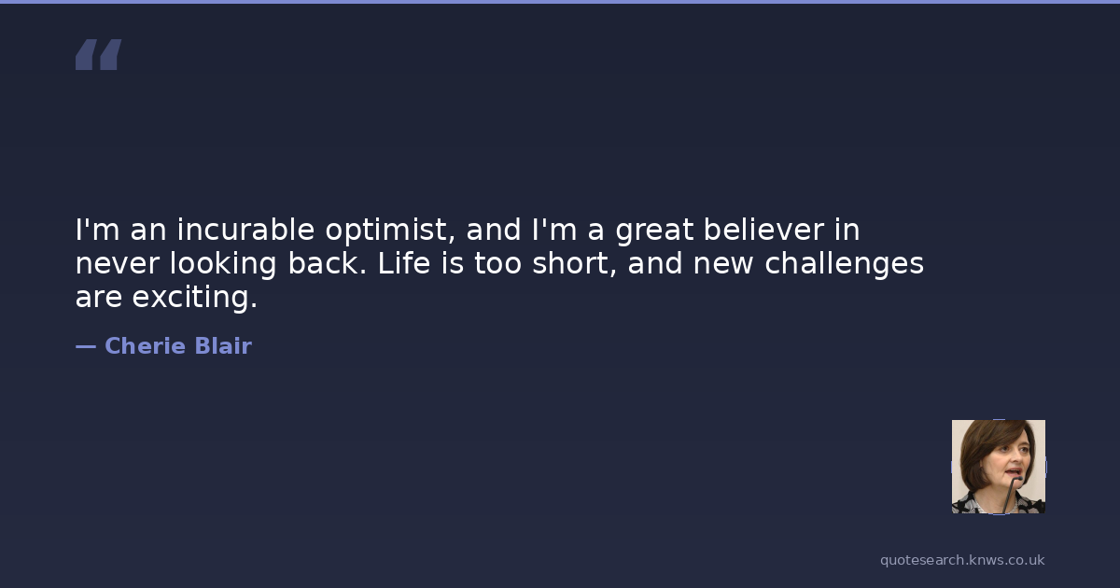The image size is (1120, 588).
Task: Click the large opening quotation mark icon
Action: pos(99,54)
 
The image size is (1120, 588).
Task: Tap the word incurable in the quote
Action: pos(245,230)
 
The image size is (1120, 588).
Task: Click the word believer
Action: pos(763,230)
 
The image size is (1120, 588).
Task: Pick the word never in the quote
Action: pos(118,264)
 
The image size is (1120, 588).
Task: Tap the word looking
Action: pos(223,264)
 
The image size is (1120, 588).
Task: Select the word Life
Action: pos(404,263)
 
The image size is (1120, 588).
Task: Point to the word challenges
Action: pos(844,264)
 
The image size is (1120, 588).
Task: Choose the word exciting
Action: pos(194,298)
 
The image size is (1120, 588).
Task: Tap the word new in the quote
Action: pos(723,264)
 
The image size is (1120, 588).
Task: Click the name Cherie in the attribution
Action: pos(146,346)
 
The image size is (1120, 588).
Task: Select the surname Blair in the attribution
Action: pos(223,346)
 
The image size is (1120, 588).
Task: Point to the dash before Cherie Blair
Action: pos(86,347)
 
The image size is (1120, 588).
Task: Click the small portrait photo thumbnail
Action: pos(999,467)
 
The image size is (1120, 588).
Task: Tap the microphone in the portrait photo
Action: pos(1011,494)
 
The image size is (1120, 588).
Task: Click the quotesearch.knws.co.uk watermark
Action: pos(962,560)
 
